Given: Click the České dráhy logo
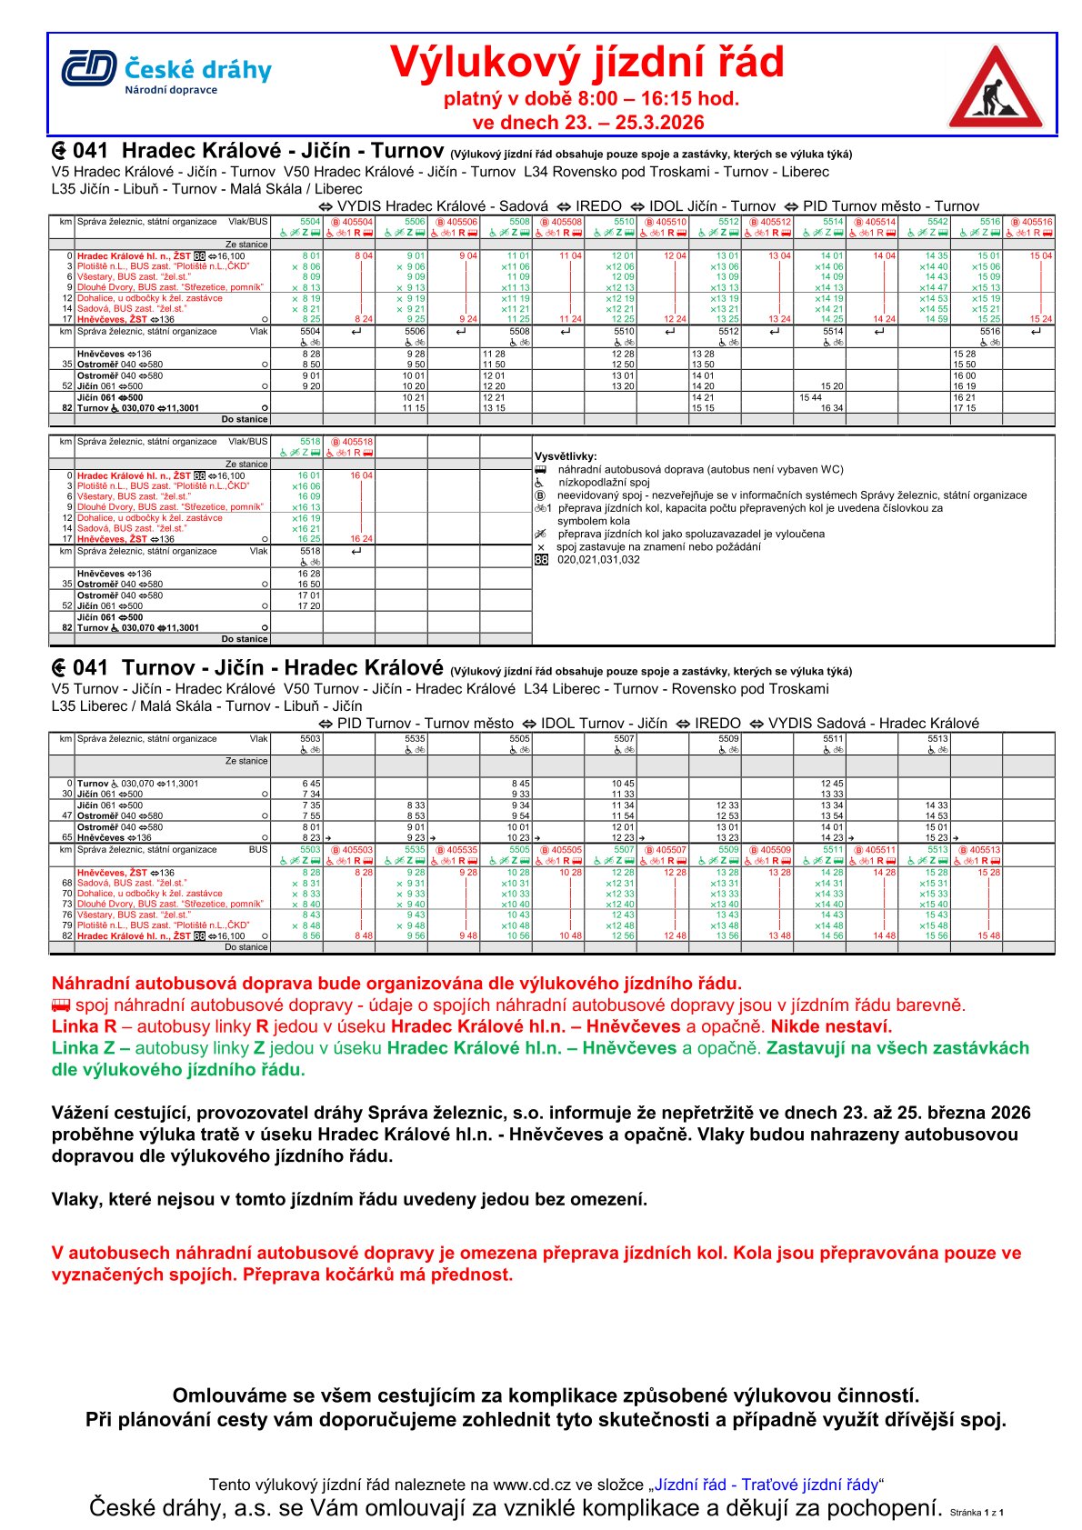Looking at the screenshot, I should [x=166, y=72].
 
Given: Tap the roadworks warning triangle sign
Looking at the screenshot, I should [x=996, y=88].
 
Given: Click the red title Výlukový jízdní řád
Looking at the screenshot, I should [x=586, y=63].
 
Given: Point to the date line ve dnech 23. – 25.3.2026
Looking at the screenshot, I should [x=588, y=123].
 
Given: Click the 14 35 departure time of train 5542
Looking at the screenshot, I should [x=937, y=256].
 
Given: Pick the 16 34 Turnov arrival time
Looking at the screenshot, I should [x=831, y=408].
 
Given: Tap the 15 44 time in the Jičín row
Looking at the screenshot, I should [x=810, y=397].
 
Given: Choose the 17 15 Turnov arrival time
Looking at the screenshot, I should [x=964, y=408].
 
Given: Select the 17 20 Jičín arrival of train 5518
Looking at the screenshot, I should [x=309, y=605].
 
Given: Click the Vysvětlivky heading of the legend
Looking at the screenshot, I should [x=566, y=456].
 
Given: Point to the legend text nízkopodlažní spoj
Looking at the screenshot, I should [x=604, y=483].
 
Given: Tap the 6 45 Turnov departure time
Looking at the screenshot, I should [x=311, y=784].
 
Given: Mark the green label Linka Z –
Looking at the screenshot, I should [x=91, y=1048].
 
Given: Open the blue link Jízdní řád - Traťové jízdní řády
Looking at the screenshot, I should [x=766, y=1485].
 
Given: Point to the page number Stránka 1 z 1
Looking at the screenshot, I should [x=977, y=1513].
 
